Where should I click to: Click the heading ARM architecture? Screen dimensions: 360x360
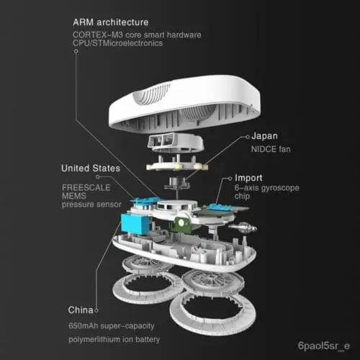click(x=111, y=22)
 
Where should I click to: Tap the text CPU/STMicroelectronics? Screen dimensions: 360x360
click(x=117, y=43)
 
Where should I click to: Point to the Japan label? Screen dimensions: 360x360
click(x=264, y=136)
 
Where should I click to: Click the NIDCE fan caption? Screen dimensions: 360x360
click(x=271, y=149)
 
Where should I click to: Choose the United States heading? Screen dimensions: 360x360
click(x=91, y=168)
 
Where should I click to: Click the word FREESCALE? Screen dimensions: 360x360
click(x=86, y=187)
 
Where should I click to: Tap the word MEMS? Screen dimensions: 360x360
click(x=74, y=196)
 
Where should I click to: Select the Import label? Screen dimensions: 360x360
click(x=248, y=178)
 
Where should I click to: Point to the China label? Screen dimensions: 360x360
click(x=81, y=310)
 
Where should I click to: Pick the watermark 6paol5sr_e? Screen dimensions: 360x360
click(x=323, y=346)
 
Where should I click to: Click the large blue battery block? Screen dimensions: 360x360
click(x=135, y=224)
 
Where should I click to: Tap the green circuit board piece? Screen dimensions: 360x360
click(x=182, y=225)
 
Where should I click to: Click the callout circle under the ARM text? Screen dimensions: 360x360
click(x=76, y=51)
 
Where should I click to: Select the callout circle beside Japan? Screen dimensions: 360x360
click(x=248, y=137)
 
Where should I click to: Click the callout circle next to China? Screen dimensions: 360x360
click(x=96, y=310)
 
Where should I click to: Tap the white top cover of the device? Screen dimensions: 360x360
click(x=184, y=104)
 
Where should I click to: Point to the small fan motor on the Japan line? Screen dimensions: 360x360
click(x=177, y=184)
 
